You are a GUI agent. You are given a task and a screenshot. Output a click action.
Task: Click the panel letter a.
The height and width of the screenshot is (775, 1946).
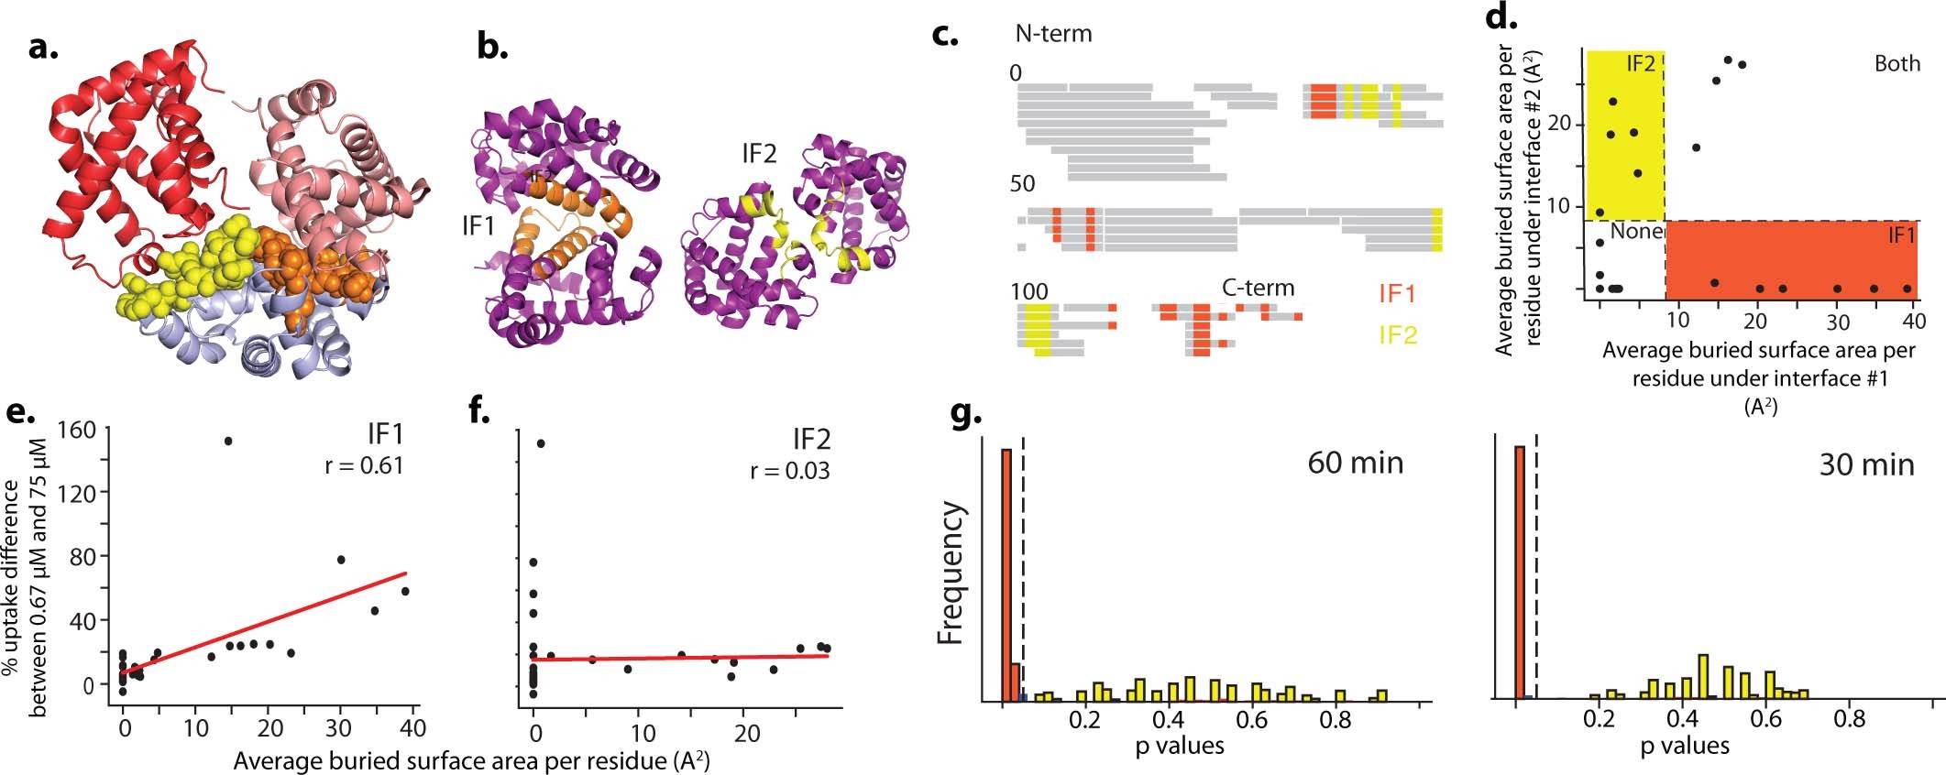coord(43,47)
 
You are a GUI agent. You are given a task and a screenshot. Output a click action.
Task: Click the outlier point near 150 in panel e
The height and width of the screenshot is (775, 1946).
coord(228,442)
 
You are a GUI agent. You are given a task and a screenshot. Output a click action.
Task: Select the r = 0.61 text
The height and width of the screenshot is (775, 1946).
coord(364,465)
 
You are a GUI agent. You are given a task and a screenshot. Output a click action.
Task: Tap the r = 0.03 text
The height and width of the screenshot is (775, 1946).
coord(789,471)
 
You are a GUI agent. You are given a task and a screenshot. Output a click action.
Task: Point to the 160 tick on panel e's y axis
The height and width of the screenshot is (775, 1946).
coord(76,429)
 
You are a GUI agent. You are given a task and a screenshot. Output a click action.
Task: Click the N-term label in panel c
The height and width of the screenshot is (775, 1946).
coord(1053,34)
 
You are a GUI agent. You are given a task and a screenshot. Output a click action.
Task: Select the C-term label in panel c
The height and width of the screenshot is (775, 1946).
coord(1258,288)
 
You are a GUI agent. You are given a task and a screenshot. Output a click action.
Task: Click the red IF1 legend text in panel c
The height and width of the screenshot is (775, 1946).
coord(1397,293)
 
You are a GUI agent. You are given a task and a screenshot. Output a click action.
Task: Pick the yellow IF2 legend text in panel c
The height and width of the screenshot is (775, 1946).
coord(1397,335)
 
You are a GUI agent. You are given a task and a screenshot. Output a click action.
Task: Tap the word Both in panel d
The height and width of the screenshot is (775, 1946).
coord(1897,63)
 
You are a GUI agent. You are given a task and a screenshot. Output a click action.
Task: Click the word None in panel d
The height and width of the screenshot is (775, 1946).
coord(1636,232)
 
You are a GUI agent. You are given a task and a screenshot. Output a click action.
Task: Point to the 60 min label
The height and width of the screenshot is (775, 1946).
coord(1355,463)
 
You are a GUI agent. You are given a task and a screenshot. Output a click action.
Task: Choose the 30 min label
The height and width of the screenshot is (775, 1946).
coord(1866,464)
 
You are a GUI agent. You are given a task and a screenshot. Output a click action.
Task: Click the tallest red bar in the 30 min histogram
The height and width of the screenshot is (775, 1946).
coord(1519,573)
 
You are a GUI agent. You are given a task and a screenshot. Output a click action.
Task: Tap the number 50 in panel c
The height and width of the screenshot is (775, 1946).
coord(1022,183)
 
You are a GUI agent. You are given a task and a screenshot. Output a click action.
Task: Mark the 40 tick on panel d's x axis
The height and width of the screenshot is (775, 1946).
coord(1913,321)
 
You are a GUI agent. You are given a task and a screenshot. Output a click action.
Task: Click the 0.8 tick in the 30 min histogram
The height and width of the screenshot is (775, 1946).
coord(1849,719)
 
